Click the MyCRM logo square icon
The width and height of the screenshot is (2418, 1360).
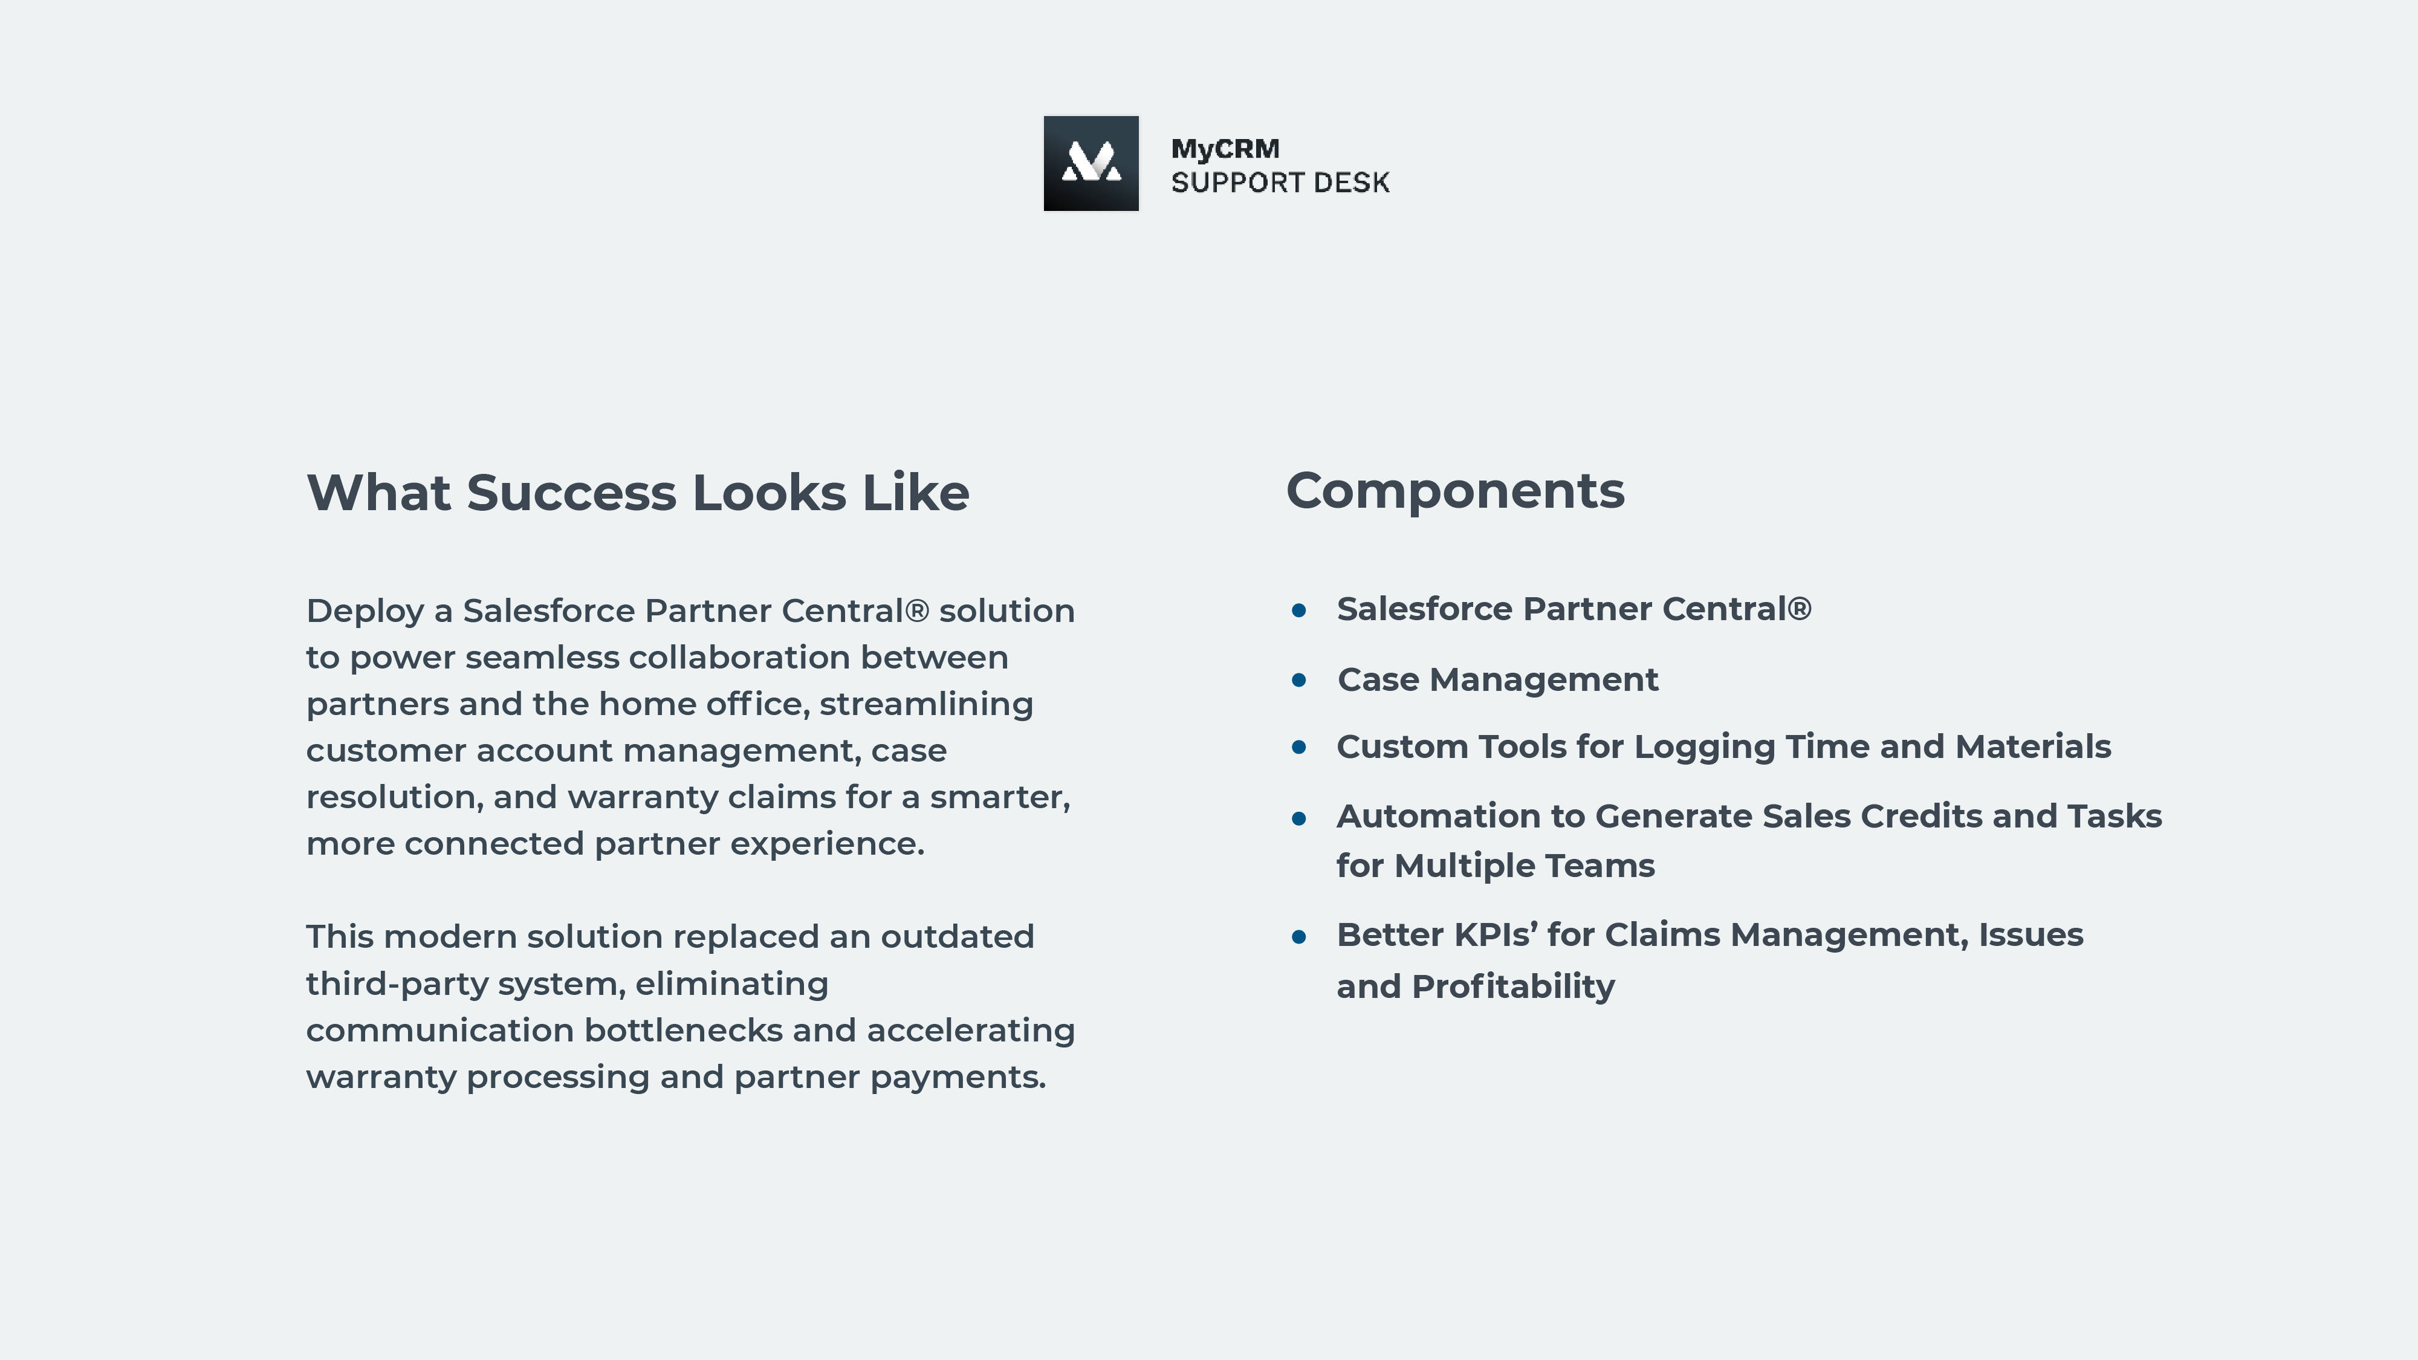click(x=1091, y=163)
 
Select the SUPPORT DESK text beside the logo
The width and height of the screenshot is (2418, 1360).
click(x=1280, y=182)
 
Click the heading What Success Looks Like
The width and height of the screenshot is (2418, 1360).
click(x=637, y=493)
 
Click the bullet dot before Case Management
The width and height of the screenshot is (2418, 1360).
click(x=1299, y=679)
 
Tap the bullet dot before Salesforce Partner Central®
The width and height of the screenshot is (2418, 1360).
click(x=1299, y=610)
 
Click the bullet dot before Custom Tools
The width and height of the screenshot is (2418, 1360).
click(x=1299, y=747)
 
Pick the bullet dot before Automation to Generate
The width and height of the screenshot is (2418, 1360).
click(x=1299, y=818)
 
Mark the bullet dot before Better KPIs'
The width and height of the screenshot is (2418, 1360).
click(x=1299, y=937)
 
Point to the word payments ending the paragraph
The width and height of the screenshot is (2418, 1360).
click(x=958, y=1078)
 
